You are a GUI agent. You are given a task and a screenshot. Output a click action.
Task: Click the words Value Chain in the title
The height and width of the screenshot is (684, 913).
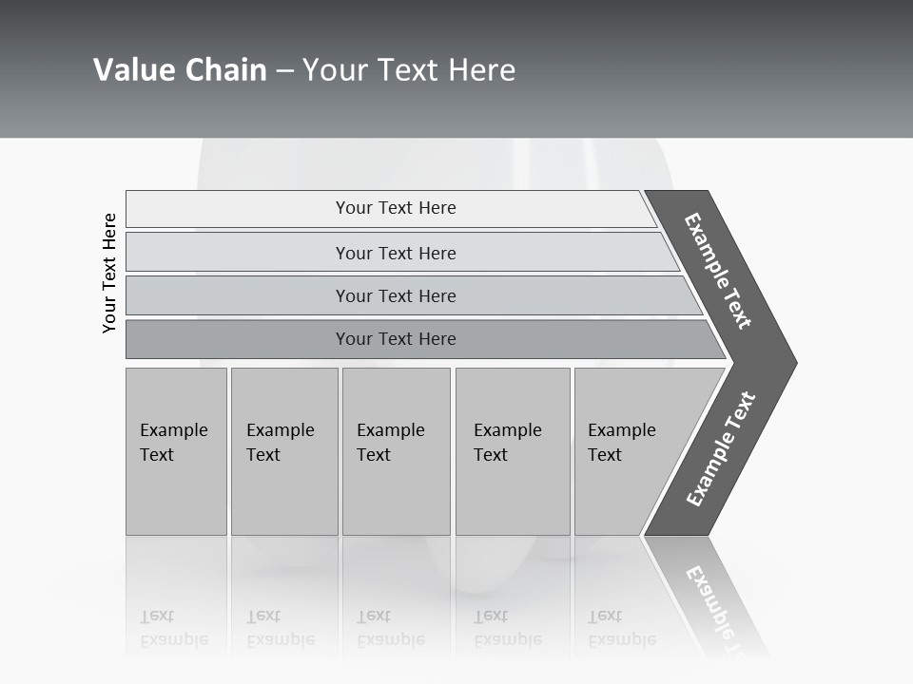180,70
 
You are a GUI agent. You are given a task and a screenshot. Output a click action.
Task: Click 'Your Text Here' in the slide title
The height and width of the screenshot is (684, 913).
409,70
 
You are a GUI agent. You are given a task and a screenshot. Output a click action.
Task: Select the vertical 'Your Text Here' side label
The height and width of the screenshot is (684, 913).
109,274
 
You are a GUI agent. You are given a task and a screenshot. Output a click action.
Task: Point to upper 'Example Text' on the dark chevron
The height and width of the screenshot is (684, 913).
718,271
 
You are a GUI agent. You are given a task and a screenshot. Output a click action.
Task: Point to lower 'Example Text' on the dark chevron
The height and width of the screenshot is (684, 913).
720,449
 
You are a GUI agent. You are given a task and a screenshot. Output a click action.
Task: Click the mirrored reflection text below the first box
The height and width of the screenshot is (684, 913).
173,628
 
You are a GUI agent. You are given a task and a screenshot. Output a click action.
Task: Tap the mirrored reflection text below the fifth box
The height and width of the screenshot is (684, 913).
621,628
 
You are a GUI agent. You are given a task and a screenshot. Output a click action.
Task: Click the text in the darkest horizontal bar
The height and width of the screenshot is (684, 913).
396,339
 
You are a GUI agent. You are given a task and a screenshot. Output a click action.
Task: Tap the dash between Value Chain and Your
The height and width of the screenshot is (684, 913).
284,71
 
